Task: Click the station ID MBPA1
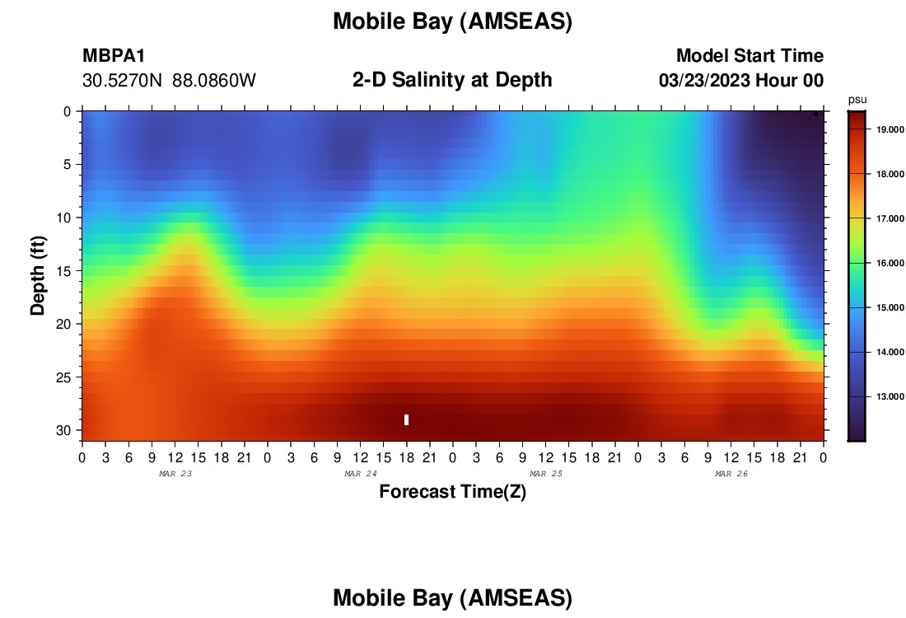click(x=114, y=55)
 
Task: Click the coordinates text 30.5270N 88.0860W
click(x=169, y=81)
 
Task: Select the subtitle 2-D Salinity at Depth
click(x=452, y=80)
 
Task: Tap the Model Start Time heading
click(x=750, y=55)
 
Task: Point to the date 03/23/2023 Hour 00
click(x=741, y=81)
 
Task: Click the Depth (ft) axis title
click(x=38, y=275)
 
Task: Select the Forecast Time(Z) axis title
click(x=452, y=491)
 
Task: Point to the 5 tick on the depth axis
click(x=67, y=165)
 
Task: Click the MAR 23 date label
click(x=175, y=474)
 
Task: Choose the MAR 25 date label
click(x=546, y=474)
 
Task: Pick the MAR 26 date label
click(x=731, y=474)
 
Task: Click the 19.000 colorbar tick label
click(x=890, y=129)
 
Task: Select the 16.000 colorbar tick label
click(x=890, y=263)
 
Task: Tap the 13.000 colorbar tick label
click(x=890, y=396)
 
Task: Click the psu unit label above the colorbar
click(x=857, y=101)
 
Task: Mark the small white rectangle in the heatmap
click(x=407, y=419)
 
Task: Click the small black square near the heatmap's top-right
click(x=816, y=114)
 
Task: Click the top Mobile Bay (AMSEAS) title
click(x=452, y=21)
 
